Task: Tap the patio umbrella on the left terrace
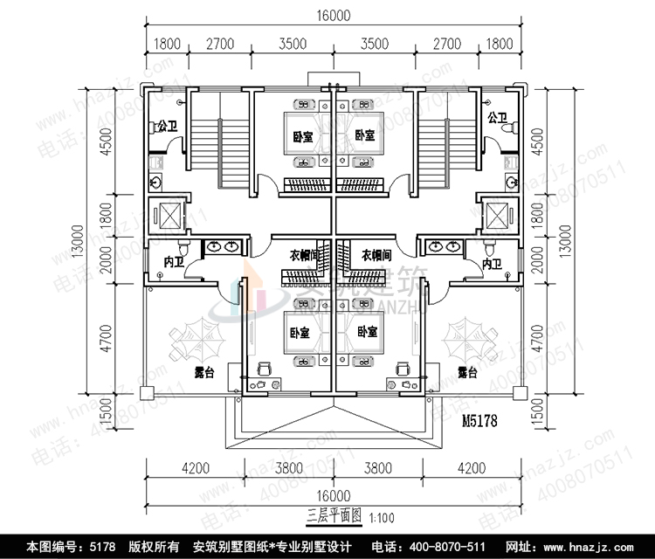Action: (197, 340)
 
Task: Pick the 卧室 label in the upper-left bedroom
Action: (302, 136)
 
